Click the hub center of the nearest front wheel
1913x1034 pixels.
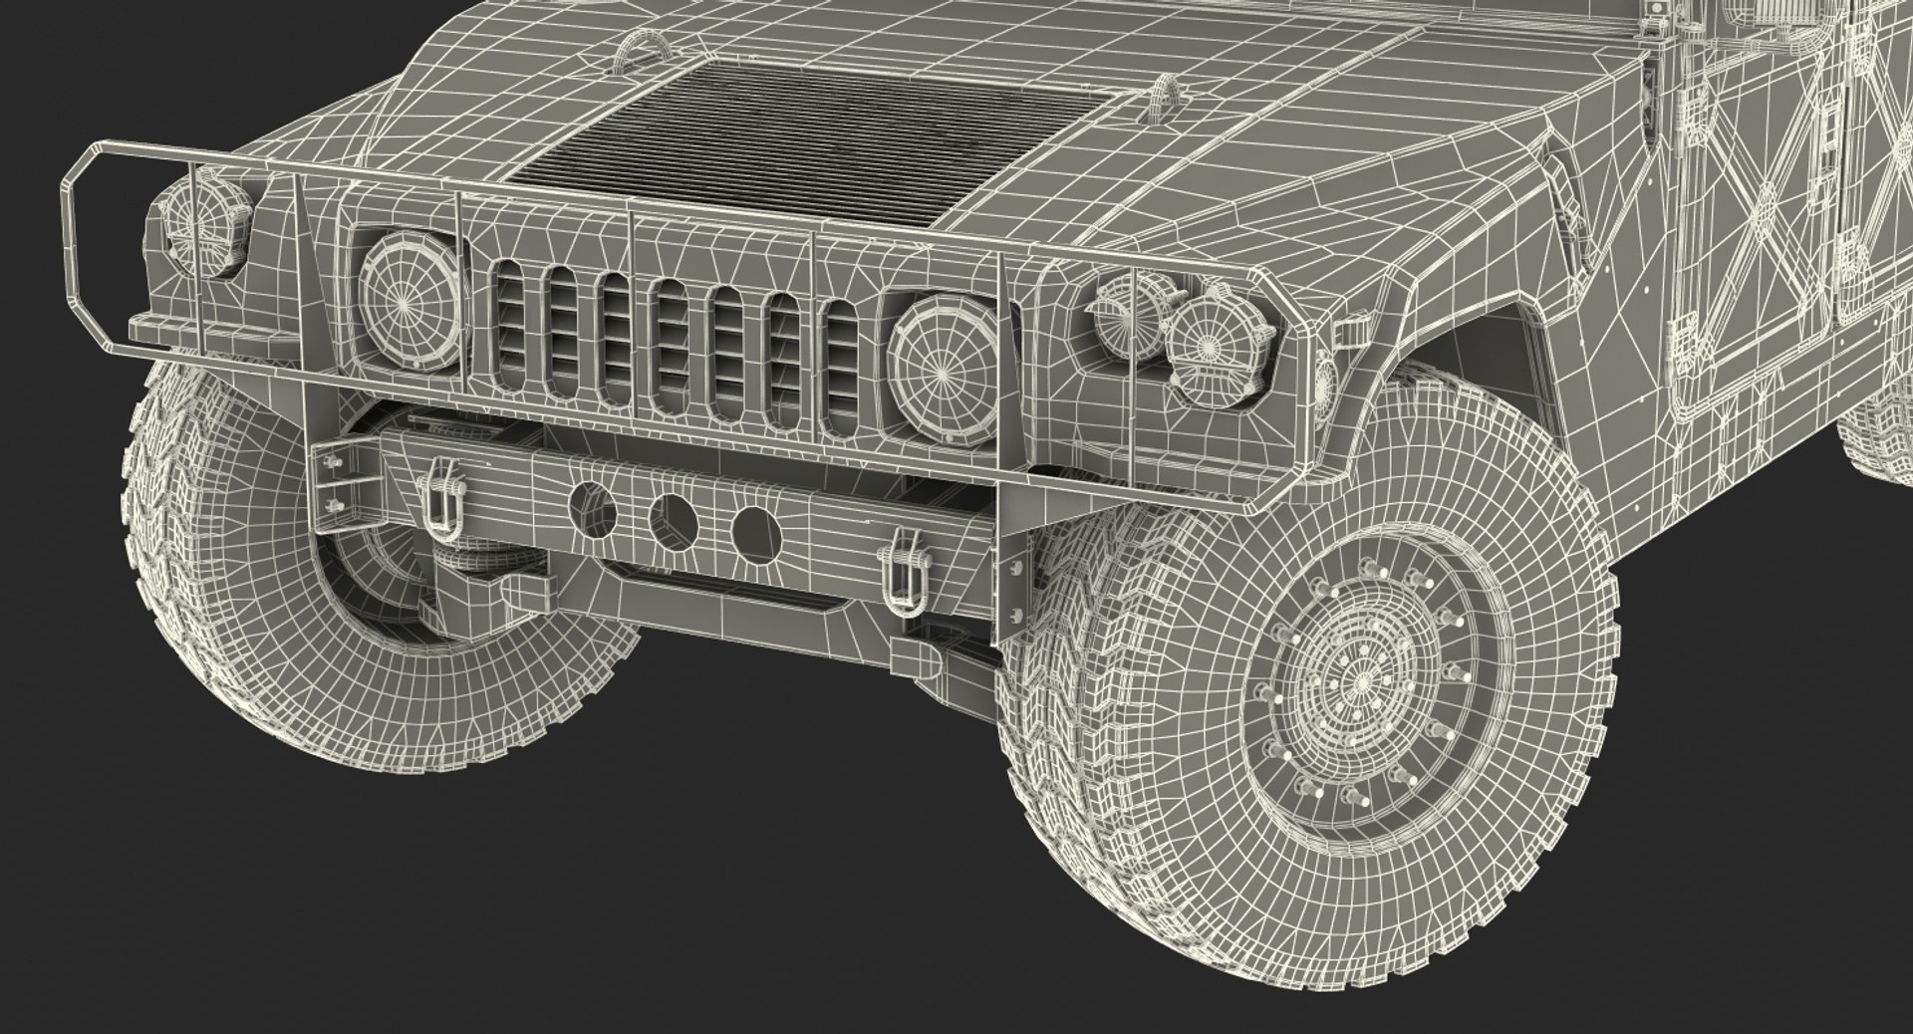[x=1360, y=681]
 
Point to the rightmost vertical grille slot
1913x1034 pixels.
[x=845, y=366]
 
